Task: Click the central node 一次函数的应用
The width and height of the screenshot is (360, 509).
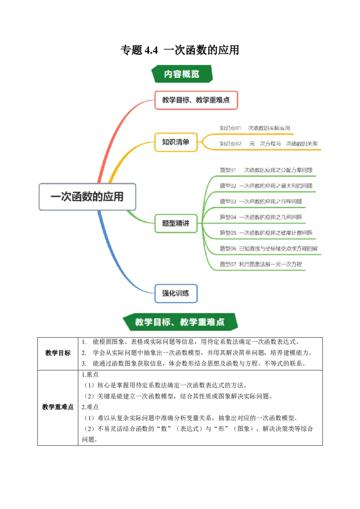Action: [x=87, y=197]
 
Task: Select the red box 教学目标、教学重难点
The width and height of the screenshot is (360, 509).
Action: [x=196, y=100]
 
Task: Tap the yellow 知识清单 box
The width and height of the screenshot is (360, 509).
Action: [x=176, y=142]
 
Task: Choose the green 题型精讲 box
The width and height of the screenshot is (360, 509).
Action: [x=176, y=223]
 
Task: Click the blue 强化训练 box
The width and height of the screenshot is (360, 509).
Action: [x=176, y=294]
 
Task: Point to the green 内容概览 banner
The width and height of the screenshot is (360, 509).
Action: [x=182, y=74]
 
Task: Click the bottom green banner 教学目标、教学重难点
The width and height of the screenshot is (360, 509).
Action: [x=180, y=322]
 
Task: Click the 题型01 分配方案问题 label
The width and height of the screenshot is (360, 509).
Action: [x=266, y=170]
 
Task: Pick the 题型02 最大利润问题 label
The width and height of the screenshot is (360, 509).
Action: [x=266, y=186]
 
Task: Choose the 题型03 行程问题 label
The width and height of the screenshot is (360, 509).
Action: [x=261, y=201]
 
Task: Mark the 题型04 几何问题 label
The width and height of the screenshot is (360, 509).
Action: [x=261, y=217]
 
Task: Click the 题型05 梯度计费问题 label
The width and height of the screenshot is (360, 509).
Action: [x=266, y=233]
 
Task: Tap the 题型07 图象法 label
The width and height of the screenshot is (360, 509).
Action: [x=261, y=264]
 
